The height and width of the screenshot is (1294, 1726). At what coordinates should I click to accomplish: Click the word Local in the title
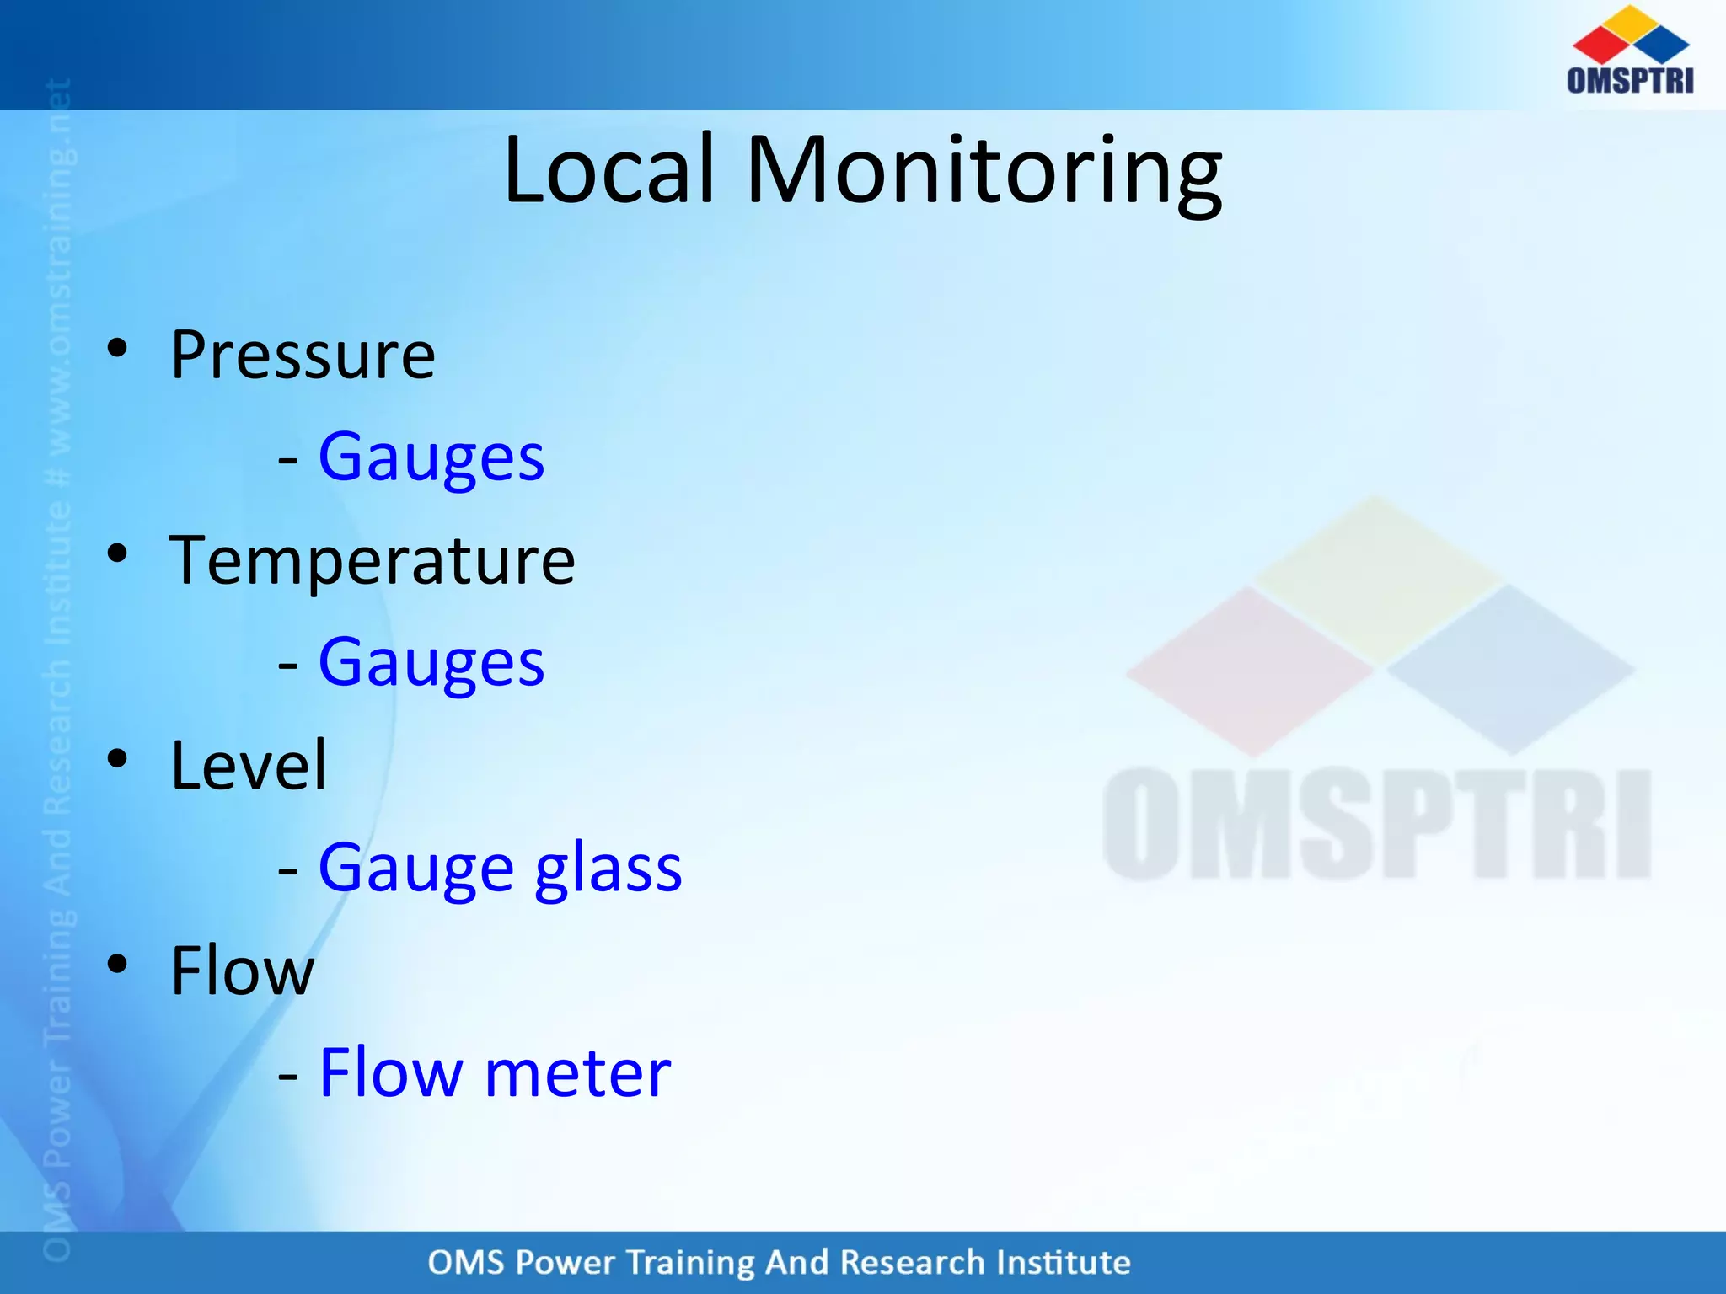609,171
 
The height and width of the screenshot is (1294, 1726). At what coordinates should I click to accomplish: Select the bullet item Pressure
303,356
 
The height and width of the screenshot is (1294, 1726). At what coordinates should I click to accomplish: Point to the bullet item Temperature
372,563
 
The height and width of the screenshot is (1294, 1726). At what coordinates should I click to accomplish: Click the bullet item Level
248,765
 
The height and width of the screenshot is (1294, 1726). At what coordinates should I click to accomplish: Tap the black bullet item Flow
242,971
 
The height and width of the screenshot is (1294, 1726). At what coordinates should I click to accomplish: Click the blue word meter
578,1074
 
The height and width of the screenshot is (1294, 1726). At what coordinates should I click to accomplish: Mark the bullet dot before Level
117,758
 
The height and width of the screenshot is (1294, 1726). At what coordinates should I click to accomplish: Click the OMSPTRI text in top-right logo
1629,80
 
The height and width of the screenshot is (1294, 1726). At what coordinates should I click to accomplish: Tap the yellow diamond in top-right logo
1632,20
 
